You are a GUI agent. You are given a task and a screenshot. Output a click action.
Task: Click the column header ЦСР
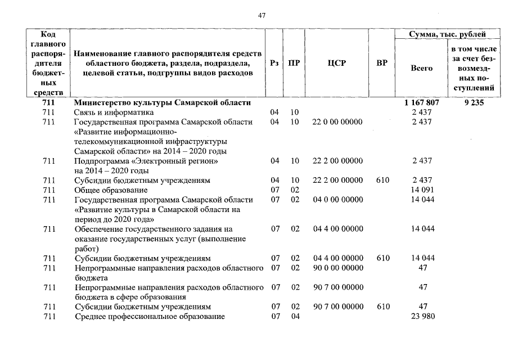tap(336, 64)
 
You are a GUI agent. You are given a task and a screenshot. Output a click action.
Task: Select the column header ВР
tap(382, 64)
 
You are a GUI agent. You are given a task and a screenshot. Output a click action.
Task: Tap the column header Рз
tap(274, 64)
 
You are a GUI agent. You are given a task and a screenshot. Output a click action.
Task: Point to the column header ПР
tap(294, 64)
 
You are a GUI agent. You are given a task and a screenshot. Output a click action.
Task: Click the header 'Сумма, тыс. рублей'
tap(447, 35)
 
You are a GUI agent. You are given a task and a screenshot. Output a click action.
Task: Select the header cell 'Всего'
tap(421, 68)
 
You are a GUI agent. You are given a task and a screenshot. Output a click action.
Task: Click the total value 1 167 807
tap(421, 103)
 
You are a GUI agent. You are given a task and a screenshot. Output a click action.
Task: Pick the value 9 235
tap(475, 103)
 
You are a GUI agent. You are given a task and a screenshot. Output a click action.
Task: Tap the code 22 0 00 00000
tap(337, 121)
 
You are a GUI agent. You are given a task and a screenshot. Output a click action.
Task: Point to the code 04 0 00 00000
tap(337, 199)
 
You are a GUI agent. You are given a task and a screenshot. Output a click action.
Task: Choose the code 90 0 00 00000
tap(337, 268)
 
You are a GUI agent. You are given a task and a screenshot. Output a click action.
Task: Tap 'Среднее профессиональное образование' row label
tap(150, 316)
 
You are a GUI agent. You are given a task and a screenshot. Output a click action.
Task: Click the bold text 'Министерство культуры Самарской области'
tap(163, 103)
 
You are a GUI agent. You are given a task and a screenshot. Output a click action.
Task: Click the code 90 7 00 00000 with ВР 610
tap(337, 307)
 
